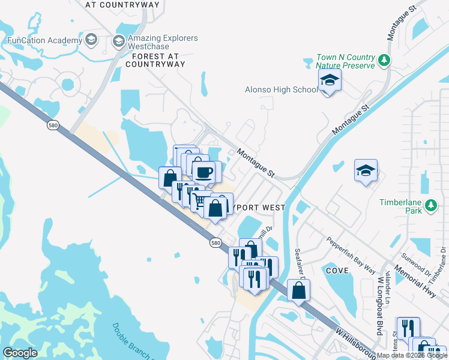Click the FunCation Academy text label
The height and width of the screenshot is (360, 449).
44,41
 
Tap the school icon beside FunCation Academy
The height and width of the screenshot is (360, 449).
91,41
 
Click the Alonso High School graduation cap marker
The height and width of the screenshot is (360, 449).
330,80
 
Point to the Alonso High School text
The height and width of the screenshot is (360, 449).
281,90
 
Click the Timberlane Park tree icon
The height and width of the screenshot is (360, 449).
430,206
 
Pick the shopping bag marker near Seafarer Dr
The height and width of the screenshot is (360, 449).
298,290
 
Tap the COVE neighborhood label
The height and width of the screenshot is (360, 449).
337,271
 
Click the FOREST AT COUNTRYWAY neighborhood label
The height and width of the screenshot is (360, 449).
155,59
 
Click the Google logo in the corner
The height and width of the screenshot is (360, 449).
20,353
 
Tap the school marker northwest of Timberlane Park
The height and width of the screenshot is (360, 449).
366,171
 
